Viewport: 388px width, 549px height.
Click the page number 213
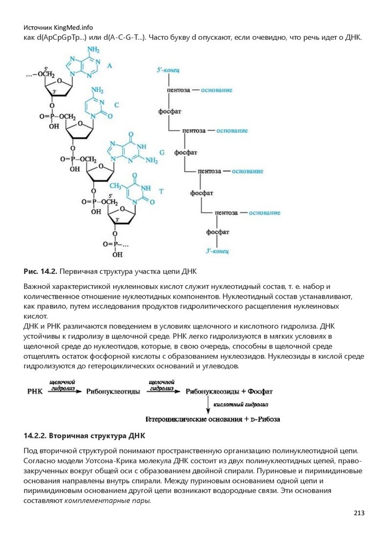(359, 513)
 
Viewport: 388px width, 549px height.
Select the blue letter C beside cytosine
(116, 105)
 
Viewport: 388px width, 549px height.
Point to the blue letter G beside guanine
(161, 153)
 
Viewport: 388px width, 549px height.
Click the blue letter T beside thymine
(161, 191)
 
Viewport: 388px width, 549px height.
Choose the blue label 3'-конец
(218, 250)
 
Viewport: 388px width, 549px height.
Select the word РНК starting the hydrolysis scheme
(35, 391)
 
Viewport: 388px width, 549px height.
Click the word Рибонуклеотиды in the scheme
(109, 391)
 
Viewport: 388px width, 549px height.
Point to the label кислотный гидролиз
(241, 404)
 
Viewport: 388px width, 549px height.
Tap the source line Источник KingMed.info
(58, 27)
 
